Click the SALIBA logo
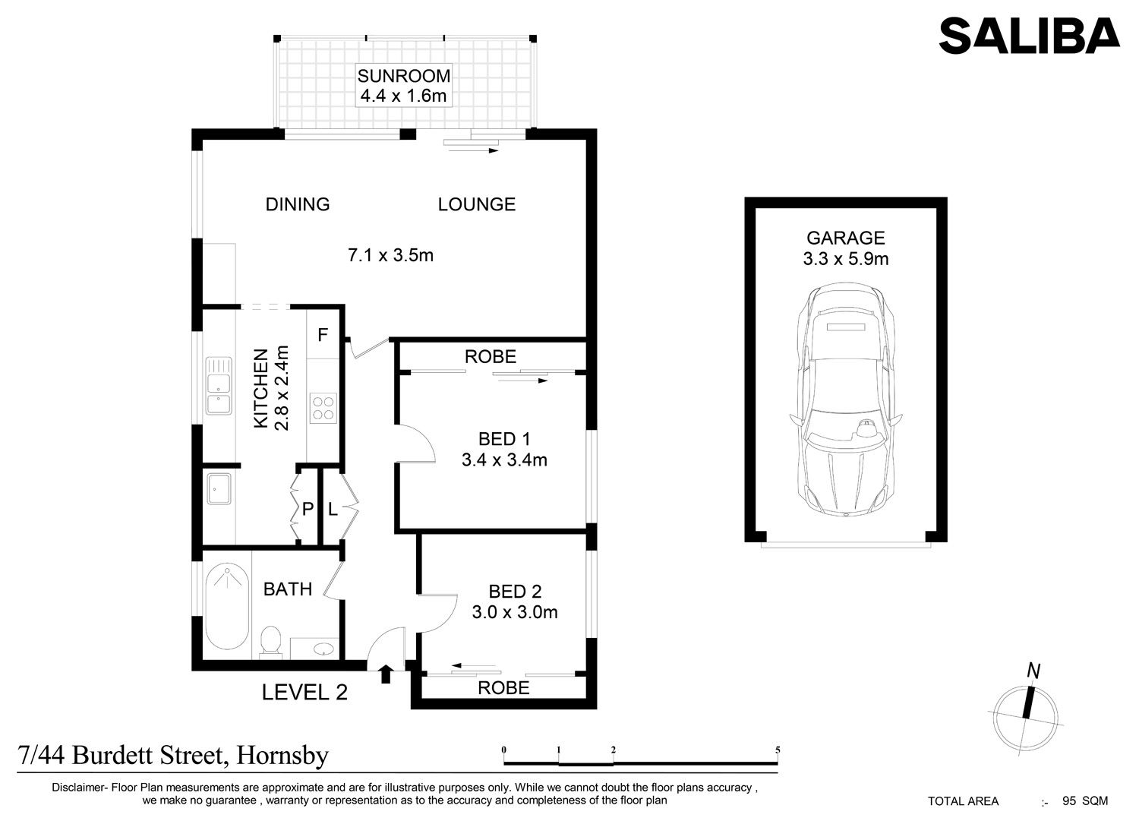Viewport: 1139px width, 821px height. pyautogui.click(x=1029, y=36)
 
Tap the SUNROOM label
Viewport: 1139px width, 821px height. pyautogui.click(x=404, y=76)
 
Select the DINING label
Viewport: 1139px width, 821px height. pyautogui.click(x=298, y=204)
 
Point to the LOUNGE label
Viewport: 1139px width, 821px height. pyautogui.click(x=476, y=204)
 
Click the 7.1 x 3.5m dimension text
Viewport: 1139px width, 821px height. pyautogui.click(x=390, y=255)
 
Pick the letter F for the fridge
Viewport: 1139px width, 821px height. pyautogui.click(x=323, y=335)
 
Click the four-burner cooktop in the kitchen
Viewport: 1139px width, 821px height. pyautogui.click(x=323, y=409)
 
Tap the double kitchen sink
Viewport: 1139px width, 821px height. pyautogui.click(x=219, y=386)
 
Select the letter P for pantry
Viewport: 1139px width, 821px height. pyautogui.click(x=307, y=509)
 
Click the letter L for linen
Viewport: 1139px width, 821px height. pyautogui.click(x=333, y=509)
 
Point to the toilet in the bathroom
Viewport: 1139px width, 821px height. pyautogui.click(x=270, y=641)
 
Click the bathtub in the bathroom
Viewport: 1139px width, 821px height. pyautogui.click(x=227, y=606)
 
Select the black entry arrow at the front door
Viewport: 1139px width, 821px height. pyautogui.click(x=386, y=674)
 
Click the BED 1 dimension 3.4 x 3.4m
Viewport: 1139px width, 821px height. pyautogui.click(x=504, y=459)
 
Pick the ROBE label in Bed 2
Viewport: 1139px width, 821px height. pyautogui.click(x=503, y=688)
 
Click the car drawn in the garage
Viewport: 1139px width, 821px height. pyautogui.click(x=846, y=399)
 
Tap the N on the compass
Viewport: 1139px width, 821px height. pyautogui.click(x=1033, y=671)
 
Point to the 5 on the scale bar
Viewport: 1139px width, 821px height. pyautogui.click(x=778, y=750)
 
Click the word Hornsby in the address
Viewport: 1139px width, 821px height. pyautogui.click(x=282, y=756)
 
